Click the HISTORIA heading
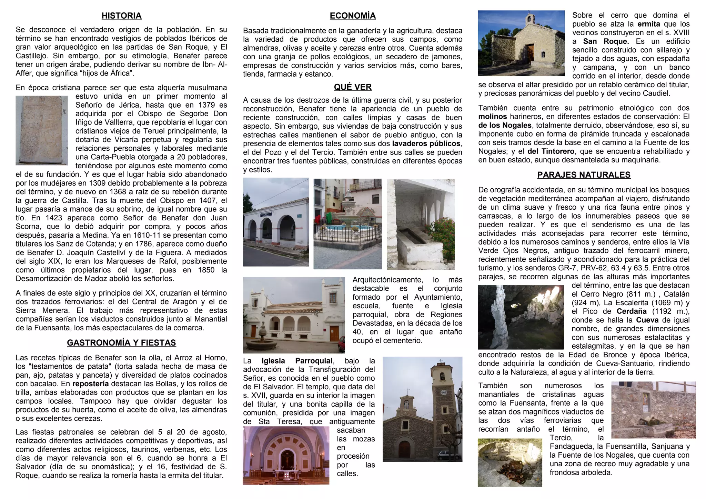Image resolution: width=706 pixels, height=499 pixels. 121,16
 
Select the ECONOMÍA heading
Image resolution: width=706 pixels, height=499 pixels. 353,16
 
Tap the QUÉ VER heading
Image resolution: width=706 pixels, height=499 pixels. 353,87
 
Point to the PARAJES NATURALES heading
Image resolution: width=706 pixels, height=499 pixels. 584,175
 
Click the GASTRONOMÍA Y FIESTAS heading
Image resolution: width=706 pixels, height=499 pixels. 121,343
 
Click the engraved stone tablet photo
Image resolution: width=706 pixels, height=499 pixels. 42,130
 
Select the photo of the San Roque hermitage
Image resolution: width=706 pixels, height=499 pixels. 521,43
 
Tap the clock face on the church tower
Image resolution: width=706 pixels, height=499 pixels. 444,392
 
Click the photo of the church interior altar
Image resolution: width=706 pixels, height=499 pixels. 286,456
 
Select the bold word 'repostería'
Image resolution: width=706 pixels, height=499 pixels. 91,384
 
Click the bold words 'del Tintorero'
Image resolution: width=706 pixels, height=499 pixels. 551,151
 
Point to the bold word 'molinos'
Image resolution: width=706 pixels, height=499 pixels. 493,117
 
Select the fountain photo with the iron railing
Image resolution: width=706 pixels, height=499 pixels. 347,224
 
